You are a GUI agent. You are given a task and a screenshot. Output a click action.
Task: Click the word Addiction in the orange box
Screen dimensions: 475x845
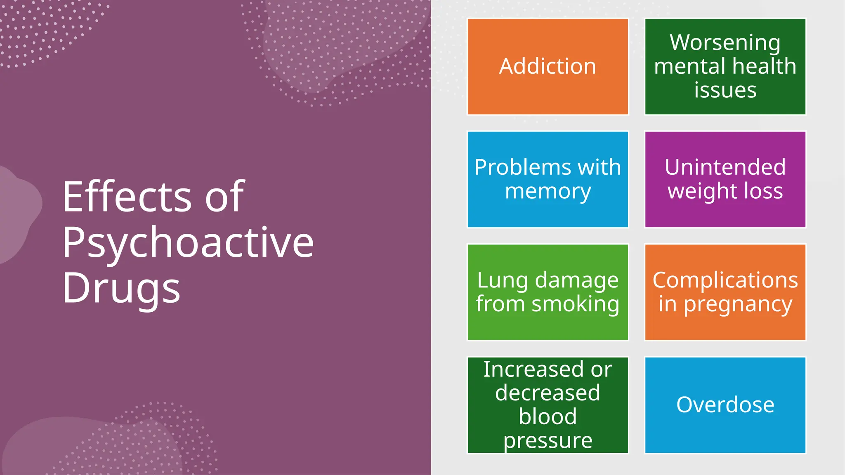tap(548, 66)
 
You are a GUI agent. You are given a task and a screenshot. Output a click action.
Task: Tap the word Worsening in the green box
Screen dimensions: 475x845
tap(725, 43)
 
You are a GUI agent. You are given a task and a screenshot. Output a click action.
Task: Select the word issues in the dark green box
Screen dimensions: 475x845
tap(725, 90)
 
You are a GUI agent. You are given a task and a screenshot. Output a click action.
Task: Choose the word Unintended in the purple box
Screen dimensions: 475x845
tap(725, 167)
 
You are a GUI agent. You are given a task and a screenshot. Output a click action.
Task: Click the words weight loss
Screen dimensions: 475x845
tap(725, 191)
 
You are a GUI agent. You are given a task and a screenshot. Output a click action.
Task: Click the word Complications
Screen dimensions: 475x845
tap(725, 280)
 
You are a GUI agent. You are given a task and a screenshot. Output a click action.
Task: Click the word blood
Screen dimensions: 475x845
tap(548, 416)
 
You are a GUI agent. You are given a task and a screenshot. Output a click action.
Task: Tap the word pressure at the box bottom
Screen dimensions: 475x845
tap(548, 441)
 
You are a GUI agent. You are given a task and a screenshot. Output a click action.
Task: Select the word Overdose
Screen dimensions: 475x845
tap(725, 405)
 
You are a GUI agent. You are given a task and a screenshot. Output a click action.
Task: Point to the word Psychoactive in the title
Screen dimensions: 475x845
tap(188, 243)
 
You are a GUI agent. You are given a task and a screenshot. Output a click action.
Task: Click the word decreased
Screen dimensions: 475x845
tap(548, 393)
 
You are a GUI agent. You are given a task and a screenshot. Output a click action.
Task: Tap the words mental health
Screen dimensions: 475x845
tap(725, 66)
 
